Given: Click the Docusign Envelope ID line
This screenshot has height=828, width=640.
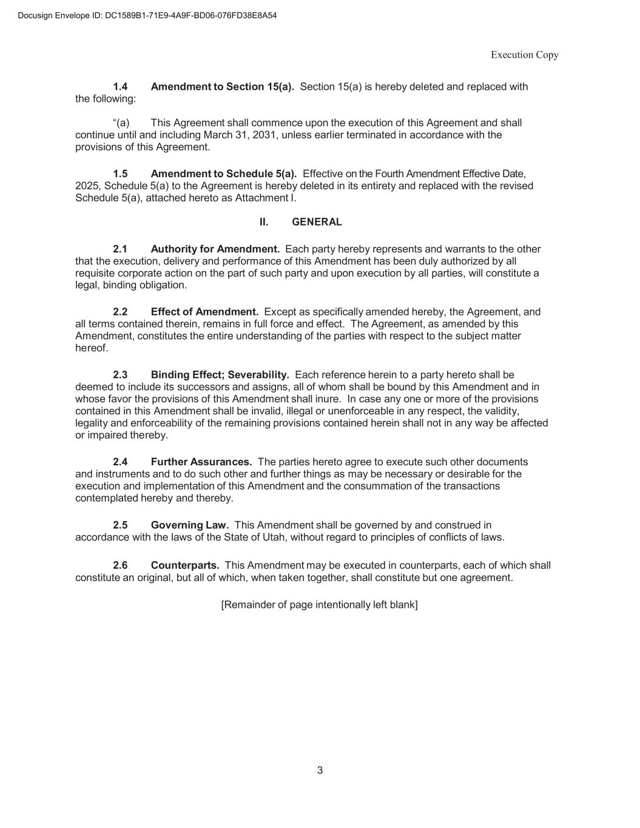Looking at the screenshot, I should tap(147, 15).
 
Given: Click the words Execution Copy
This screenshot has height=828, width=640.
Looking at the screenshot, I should tap(524, 55).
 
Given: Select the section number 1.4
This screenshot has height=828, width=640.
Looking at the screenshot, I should tap(120, 87).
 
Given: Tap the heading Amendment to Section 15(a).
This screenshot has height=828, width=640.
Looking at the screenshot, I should tap(222, 87).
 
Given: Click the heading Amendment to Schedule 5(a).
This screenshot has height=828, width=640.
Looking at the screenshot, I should tap(223, 174).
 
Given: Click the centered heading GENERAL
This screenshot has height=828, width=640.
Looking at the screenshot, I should tap(317, 222).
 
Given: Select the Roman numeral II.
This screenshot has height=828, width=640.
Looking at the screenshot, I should tap(264, 222).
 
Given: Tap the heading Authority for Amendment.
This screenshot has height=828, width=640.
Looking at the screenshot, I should tap(215, 249).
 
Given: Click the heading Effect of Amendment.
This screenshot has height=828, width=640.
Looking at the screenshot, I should tap(204, 312).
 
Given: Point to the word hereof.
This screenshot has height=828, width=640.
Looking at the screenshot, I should tap(91, 348).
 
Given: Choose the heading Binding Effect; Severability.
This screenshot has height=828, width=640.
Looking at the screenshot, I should tap(220, 375).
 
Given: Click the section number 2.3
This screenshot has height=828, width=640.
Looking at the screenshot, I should tap(120, 375).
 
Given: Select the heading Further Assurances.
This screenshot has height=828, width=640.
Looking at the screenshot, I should tap(201, 462).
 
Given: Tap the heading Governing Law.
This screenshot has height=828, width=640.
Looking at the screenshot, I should tap(189, 525).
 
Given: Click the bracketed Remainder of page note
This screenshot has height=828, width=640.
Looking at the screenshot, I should tap(319, 605).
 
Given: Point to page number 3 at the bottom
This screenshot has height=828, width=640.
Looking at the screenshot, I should tap(320, 770).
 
